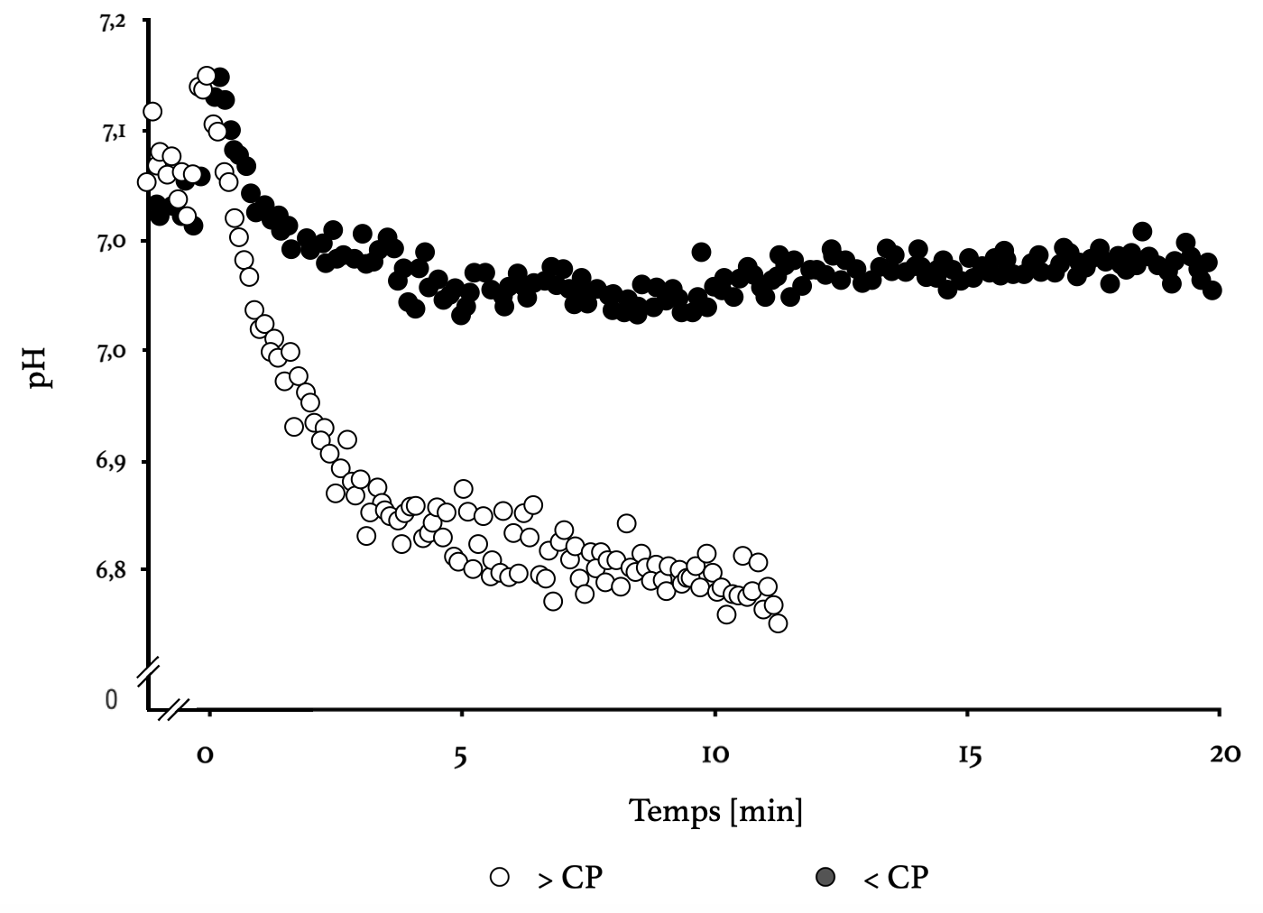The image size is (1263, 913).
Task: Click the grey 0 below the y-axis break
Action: point(111,699)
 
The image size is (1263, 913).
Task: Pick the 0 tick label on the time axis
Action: point(206,755)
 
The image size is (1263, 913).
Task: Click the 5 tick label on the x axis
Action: point(461,756)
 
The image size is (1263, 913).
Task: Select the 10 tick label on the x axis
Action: point(714,755)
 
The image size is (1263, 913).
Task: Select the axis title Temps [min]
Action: point(715,810)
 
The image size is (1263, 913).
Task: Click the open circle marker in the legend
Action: point(499,876)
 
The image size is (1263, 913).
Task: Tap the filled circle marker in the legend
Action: point(825,876)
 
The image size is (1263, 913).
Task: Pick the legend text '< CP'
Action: point(895,877)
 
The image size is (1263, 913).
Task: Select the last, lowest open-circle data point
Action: point(778,623)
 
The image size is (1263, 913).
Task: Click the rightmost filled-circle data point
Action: point(1212,290)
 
